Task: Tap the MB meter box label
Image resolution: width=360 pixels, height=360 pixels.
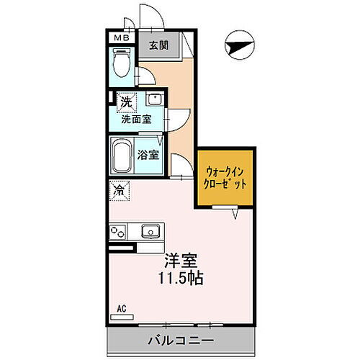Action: (120, 38)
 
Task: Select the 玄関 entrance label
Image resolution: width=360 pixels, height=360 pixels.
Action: (159, 45)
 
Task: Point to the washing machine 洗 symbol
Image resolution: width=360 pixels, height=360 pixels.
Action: (125, 102)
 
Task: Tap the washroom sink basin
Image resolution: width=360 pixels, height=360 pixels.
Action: (153, 100)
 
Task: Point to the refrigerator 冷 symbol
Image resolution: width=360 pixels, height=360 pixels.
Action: (119, 192)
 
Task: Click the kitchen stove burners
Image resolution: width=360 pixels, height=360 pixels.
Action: (118, 231)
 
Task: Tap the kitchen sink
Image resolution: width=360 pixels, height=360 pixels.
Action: (150, 230)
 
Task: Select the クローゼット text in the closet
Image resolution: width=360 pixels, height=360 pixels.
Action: (225, 184)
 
